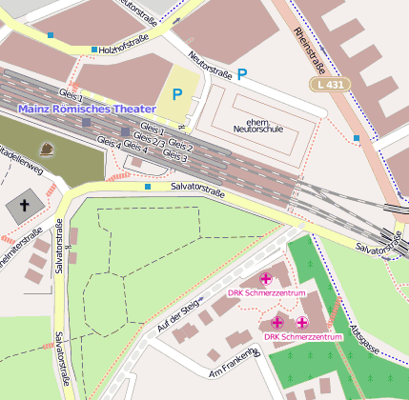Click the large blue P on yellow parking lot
pyautogui.click(x=176, y=94)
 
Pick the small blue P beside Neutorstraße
pyautogui.click(x=242, y=73)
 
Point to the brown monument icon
pyautogui.click(x=47, y=149)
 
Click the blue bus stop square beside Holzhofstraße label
pyautogui.click(x=93, y=50)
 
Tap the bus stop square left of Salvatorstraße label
pyautogui.click(x=147, y=188)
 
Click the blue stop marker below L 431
pyautogui.click(x=357, y=138)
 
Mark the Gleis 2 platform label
pyautogui.click(x=181, y=145)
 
